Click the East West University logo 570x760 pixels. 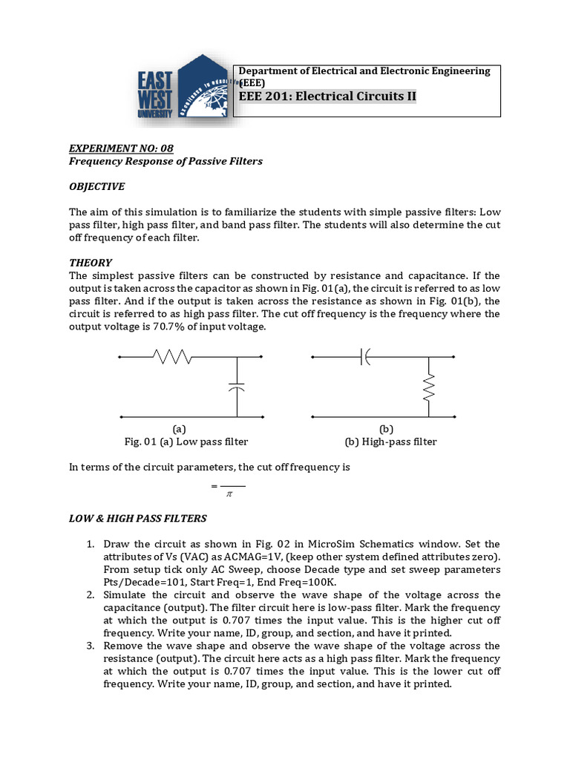[184, 94]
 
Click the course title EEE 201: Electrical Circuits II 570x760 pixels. [327, 96]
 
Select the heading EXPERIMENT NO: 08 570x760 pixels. [121, 148]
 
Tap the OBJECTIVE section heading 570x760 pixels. [97, 186]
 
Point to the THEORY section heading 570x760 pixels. [91, 262]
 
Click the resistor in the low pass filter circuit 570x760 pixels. [172, 358]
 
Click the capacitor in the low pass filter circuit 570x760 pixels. [237, 388]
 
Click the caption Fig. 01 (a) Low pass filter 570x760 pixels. [186, 442]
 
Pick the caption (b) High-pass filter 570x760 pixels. [390, 442]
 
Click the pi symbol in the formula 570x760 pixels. [229, 494]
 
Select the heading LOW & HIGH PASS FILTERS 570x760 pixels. [138, 518]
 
